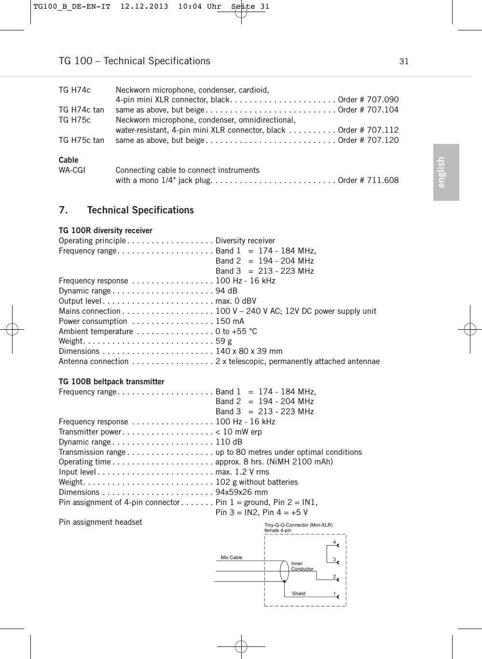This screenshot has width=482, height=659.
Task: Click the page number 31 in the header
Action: [404, 61]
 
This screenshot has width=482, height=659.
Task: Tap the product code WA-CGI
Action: [72, 170]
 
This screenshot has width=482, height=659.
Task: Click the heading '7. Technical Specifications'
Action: [126, 210]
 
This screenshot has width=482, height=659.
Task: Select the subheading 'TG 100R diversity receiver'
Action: [105, 231]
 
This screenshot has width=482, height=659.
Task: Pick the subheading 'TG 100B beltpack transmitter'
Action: [111, 382]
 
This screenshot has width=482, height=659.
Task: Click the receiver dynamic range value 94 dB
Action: [226, 291]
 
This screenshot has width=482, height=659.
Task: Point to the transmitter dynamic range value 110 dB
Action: [229, 442]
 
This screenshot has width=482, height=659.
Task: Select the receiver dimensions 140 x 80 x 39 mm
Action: [249, 351]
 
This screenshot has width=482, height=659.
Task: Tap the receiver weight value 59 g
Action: [223, 341]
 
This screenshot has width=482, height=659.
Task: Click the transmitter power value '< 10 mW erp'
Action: [238, 432]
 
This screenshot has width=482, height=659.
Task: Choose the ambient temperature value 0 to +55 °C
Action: [236, 332]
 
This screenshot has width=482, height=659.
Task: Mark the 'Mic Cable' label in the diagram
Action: [232, 558]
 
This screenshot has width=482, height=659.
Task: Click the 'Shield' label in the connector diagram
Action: [299, 594]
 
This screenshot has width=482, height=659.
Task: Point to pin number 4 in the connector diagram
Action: [334, 542]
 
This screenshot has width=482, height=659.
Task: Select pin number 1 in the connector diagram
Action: [334, 593]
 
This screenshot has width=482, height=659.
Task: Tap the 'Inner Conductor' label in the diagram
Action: [302, 566]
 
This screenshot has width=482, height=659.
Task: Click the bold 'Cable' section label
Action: [69, 160]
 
